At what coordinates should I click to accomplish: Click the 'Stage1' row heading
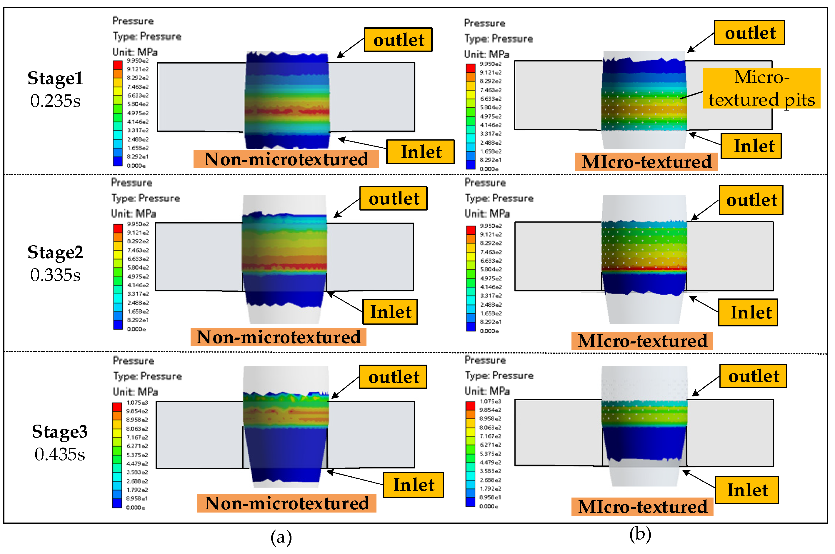(x=56, y=78)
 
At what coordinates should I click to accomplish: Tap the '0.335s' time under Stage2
(x=56, y=275)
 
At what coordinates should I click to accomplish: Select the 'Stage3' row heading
(x=60, y=431)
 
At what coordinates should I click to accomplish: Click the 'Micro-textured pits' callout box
(x=761, y=88)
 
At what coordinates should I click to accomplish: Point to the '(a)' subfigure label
(x=281, y=538)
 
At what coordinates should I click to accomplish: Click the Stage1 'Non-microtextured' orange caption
(x=286, y=159)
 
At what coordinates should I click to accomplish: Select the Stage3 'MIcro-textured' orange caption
(x=642, y=507)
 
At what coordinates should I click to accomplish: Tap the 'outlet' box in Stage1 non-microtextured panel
(x=398, y=40)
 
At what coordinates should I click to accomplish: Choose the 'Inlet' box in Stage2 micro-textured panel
(x=748, y=312)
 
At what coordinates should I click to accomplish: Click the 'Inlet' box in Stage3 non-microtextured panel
(x=413, y=485)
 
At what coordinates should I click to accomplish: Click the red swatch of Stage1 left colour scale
(x=118, y=65)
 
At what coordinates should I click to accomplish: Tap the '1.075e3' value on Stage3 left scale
(x=137, y=403)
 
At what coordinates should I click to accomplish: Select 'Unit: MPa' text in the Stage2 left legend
(x=134, y=214)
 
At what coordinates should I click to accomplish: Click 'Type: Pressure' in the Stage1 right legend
(x=499, y=39)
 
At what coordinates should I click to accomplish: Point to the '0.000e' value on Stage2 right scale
(x=489, y=331)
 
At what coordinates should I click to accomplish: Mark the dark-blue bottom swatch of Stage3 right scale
(x=470, y=502)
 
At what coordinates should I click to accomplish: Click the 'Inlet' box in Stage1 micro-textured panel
(x=751, y=146)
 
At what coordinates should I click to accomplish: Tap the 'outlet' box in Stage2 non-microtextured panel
(x=393, y=198)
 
